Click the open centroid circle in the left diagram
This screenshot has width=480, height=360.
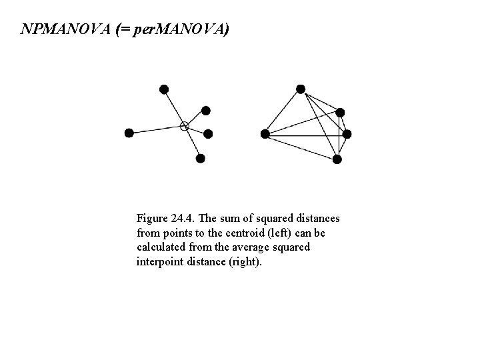coord(185,126)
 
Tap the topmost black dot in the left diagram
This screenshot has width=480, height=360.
coord(164,89)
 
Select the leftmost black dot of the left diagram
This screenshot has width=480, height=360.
coord(129,133)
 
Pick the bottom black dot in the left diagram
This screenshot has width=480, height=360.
coord(201,159)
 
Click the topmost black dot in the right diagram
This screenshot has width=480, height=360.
coord(301,89)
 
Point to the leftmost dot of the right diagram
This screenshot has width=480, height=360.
coord(265,134)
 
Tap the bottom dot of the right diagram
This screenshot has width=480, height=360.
coord(337,159)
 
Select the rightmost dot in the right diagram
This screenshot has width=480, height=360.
coord(347,134)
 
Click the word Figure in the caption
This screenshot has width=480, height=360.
coord(152,219)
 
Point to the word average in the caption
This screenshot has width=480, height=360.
coord(255,247)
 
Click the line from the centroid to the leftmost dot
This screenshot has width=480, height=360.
coord(157,129)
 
